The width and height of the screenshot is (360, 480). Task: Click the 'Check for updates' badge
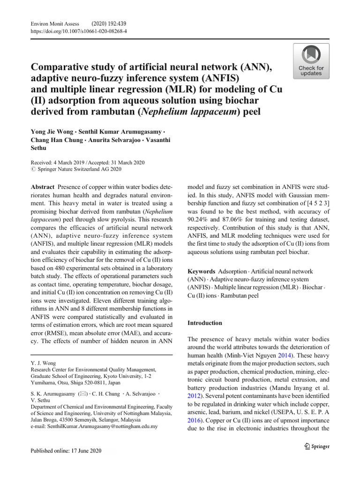(x=311, y=61)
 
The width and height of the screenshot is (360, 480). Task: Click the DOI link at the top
(x=78, y=31)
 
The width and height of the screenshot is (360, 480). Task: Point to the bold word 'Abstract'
(x=43, y=186)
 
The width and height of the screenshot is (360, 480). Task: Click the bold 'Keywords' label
(x=201, y=271)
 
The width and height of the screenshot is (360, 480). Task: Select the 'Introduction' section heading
(x=205, y=323)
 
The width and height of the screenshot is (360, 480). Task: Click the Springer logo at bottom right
(x=316, y=446)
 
